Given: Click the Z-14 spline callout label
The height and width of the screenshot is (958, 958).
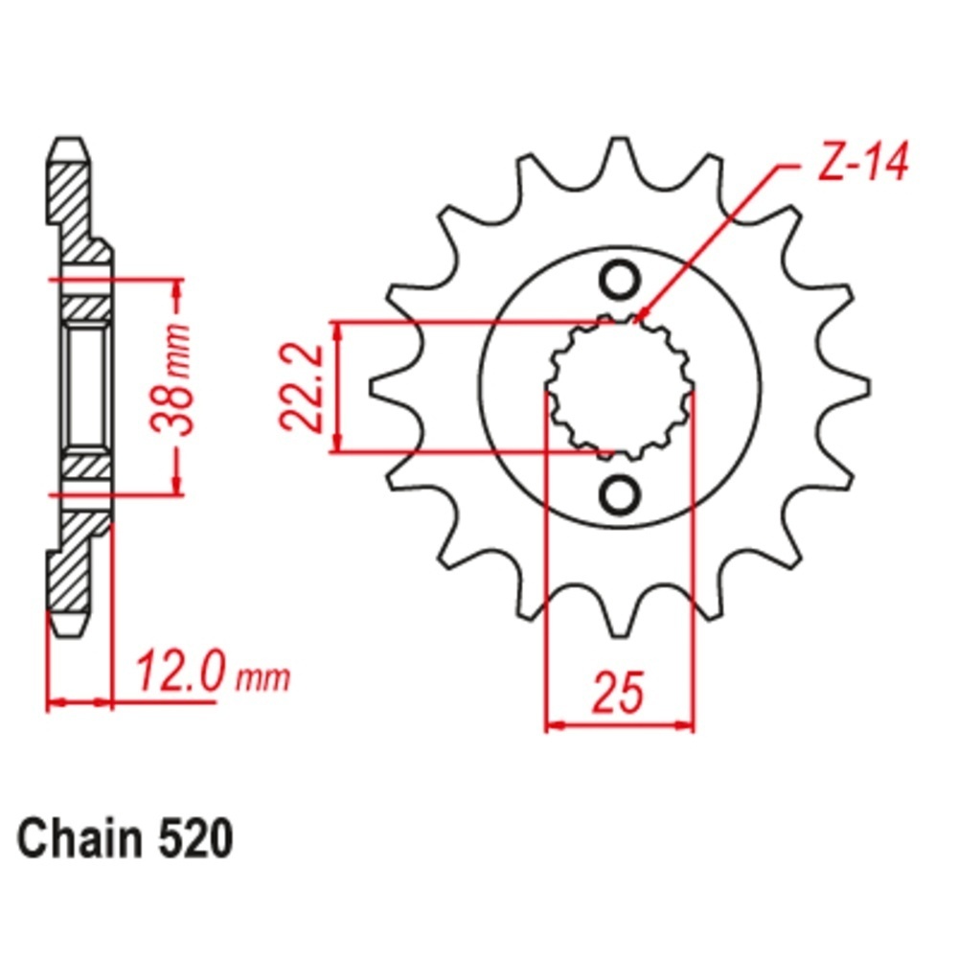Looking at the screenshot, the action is point(862,162).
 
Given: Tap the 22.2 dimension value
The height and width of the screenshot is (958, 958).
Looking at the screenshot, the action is point(301,387).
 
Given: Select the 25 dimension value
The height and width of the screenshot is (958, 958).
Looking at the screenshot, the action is point(618,693).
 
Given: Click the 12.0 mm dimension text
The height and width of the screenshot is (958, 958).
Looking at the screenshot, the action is point(212,671).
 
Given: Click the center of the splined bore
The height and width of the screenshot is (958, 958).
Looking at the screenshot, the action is point(620,387).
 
